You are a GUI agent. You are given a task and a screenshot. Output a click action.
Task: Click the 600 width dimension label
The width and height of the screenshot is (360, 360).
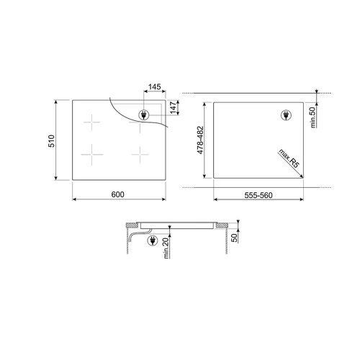point(119,195)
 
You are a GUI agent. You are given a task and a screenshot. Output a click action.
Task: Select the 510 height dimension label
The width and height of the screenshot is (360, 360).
point(51,141)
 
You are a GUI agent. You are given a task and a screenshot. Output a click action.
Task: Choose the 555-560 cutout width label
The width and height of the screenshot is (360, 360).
point(257,195)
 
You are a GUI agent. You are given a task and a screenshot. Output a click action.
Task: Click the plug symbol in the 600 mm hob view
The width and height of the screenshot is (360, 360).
point(143,114)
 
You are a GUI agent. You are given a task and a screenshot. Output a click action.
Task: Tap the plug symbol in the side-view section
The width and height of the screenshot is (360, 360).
point(153,243)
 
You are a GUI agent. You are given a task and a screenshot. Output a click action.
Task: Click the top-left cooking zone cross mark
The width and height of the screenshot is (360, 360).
point(91,123)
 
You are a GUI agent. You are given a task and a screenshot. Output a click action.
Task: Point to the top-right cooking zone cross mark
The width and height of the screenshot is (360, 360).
point(135,125)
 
